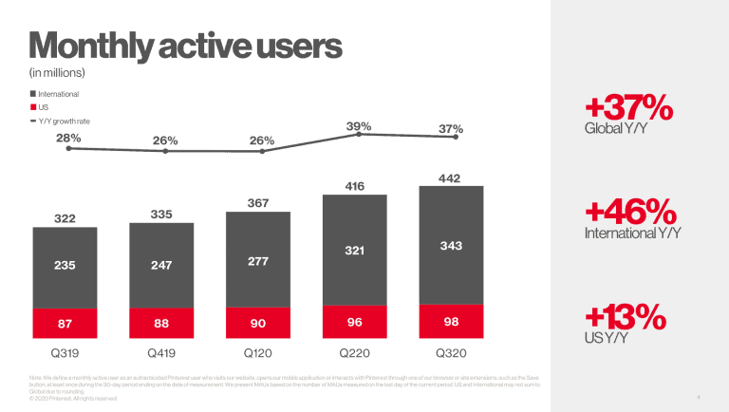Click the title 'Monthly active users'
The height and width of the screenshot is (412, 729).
point(185,45)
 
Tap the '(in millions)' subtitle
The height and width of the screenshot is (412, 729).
point(59,72)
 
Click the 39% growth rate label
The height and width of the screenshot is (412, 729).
point(359,125)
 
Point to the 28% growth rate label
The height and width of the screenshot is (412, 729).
point(69,138)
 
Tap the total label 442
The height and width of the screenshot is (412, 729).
point(450,178)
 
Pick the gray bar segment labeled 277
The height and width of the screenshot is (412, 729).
point(257,259)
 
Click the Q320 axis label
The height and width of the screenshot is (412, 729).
point(451,351)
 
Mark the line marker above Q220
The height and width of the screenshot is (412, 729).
point(359,135)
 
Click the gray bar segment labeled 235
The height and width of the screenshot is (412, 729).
point(65,266)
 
